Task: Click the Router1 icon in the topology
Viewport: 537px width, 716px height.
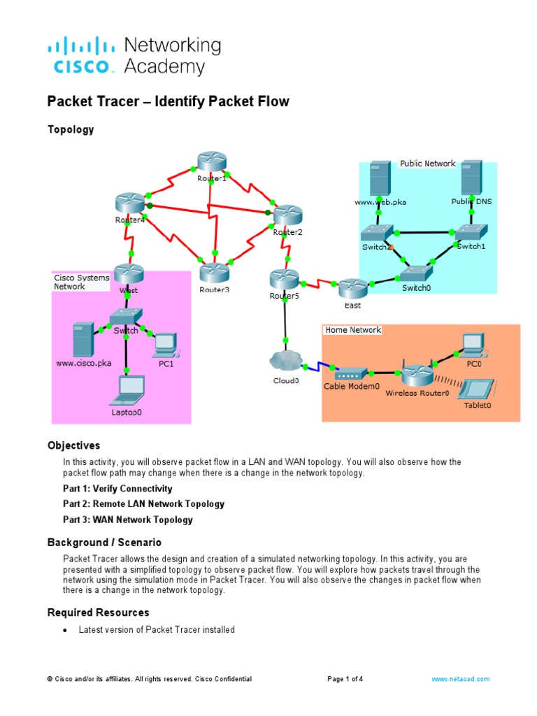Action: coord(212,162)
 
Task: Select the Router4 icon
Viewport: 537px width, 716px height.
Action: coord(129,203)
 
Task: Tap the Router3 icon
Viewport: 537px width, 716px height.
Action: coord(214,272)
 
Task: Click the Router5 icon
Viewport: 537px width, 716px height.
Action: coord(284,280)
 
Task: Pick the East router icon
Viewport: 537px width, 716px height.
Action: coord(352,287)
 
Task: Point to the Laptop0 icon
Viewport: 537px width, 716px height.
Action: coord(127,390)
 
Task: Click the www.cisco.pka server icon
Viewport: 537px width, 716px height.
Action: coord(83,339)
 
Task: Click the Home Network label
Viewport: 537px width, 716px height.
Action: coord(353,330)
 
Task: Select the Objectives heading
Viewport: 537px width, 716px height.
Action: coord(73,445)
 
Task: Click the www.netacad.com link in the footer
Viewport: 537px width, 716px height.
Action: coord(460,679)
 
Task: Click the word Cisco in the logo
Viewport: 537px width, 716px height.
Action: coord(81,67)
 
